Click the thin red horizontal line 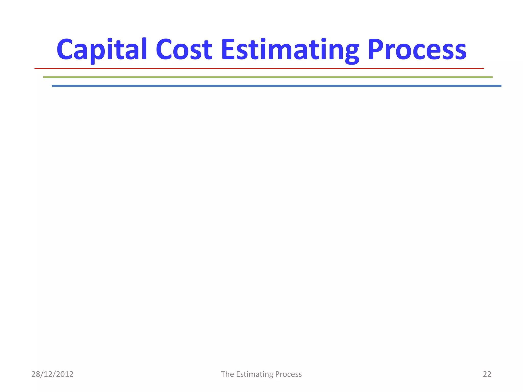(259, 68)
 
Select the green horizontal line (268, 77)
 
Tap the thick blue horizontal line (276, 86)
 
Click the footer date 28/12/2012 (52, 374)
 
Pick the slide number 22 (487, 374)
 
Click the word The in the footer (227, 374)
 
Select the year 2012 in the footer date (65, 374)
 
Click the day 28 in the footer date (35, 374)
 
